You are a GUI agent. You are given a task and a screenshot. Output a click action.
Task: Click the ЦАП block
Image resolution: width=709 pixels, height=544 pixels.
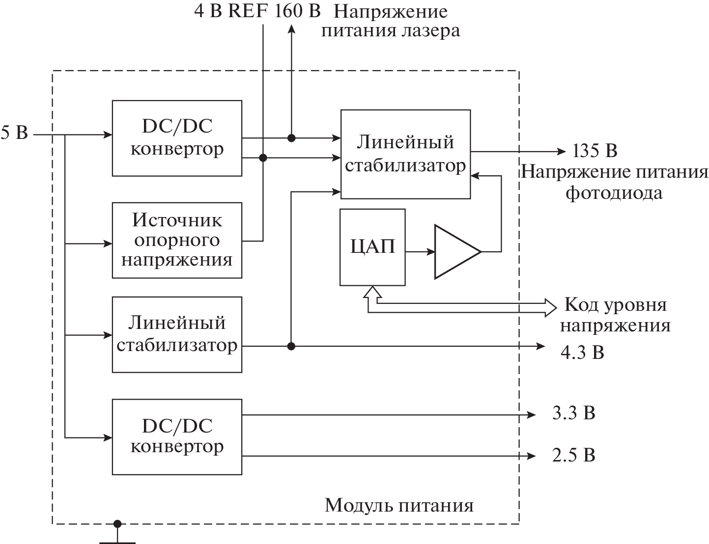tap(372, 247)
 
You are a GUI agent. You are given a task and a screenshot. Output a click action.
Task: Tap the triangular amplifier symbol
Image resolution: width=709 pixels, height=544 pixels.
tap(455, 252)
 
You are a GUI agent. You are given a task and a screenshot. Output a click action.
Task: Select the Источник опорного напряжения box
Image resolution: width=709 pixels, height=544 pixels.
tap(177, 240)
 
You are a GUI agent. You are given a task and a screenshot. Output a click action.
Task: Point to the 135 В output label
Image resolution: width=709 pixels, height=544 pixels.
tap(595, 150)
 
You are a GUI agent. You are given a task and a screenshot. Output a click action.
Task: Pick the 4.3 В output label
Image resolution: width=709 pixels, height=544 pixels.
tap(582, 352)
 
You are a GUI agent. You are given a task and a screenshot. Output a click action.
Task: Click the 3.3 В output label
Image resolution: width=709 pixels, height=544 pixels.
tap(573, 413)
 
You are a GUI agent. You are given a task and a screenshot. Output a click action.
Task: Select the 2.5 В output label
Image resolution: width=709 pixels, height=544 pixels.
tap(573, 455)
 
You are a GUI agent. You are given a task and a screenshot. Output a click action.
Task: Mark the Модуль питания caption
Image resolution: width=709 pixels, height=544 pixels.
tap(399, 505)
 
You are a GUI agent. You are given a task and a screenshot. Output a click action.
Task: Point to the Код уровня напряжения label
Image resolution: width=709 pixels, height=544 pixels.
tap(615, 315)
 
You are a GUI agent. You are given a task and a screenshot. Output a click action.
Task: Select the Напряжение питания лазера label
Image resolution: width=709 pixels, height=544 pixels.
tap(391, 21)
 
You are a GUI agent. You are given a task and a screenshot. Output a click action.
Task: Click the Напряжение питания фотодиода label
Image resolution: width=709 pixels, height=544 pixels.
tap(614, 182)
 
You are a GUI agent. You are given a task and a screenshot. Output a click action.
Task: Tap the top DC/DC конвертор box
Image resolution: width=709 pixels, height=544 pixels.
tap(177, 138)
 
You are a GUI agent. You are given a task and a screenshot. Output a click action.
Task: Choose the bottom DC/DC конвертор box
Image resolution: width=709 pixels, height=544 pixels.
tap(177, 436)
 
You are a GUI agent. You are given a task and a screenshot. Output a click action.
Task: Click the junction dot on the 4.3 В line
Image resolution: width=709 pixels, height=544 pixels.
tap(291, 346)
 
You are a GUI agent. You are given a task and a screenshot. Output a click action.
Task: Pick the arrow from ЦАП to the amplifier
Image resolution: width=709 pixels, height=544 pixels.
tap(420, 252)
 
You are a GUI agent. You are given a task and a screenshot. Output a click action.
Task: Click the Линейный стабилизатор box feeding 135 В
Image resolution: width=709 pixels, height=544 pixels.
tap(405, 154)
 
